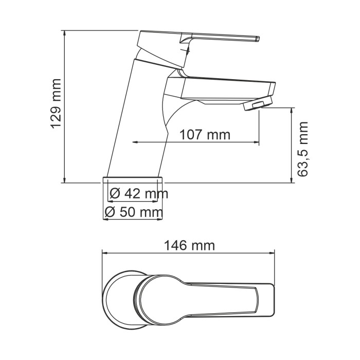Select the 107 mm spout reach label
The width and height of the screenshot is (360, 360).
pos(205,135)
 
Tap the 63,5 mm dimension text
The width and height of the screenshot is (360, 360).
pos(303,149)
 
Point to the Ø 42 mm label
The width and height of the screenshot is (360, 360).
pos(139,194)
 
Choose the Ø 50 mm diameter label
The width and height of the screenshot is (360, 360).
pos(133,211)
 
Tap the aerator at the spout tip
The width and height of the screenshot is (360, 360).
pos(251,105)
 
